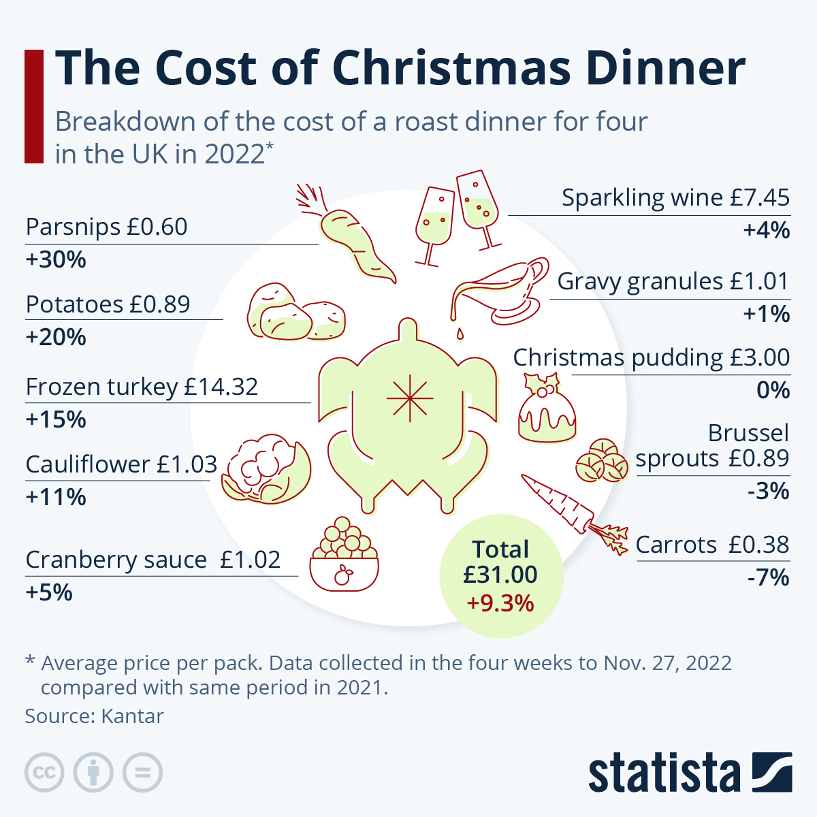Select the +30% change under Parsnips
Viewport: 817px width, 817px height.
[56, 260]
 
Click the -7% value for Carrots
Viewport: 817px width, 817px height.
[768, 578]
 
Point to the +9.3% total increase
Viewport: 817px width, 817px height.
[500, 603]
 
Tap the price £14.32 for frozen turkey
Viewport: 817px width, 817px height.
[221, 387]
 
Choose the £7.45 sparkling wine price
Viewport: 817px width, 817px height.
[760, 197]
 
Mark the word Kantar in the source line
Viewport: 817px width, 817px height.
[133, 716]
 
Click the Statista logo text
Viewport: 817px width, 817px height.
[664, 773]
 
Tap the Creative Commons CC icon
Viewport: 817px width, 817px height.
[44, 773]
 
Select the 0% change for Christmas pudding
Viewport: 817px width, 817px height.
[773, 390]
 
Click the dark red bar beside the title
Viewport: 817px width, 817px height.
[34, 106]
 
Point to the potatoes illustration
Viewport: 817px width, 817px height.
[296, 313]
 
